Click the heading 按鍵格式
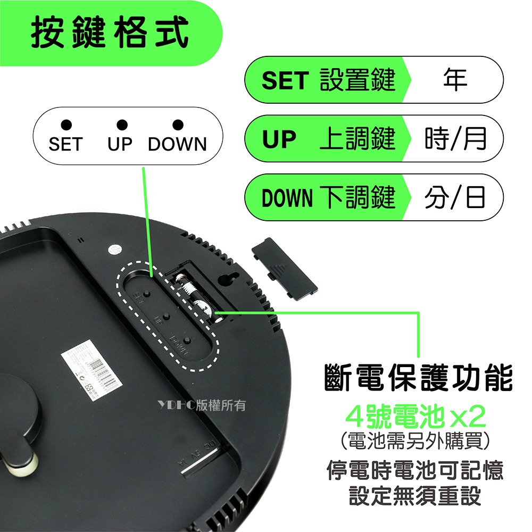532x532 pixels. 110,33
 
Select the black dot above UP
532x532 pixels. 122,125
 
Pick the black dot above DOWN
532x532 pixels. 178,125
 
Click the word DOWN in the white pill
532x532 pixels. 177,144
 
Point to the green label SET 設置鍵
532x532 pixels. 328,80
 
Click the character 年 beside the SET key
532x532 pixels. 455,80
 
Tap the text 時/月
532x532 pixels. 455,139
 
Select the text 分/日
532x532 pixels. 455,197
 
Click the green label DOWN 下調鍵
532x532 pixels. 328,197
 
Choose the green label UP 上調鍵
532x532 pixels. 328,139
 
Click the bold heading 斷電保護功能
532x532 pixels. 419,379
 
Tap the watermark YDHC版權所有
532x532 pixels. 202,405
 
